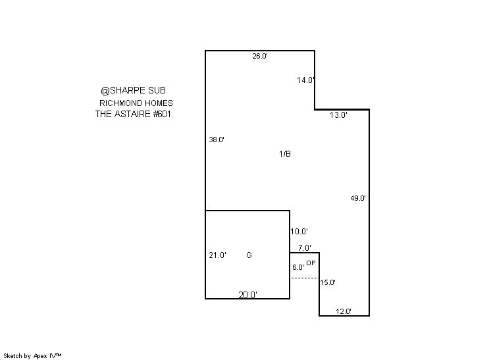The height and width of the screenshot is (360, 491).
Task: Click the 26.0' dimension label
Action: coord(260,56)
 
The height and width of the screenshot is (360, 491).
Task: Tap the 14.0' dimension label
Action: coord(305,80)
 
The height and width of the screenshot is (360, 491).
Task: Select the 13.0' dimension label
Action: coord(338,115)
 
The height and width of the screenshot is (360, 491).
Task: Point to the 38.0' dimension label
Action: coord(217,140)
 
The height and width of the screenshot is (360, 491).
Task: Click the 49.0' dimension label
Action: coord(358,198)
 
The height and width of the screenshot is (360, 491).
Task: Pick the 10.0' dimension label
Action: coord(299,232)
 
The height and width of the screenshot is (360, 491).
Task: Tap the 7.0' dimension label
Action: coord(305,248)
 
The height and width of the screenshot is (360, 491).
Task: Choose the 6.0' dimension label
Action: coord(298,267)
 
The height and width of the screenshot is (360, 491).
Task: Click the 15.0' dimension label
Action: coord(328,282)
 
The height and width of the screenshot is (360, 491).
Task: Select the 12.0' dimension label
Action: coord(344,311)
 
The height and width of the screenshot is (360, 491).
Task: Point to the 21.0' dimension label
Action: coord(218,255)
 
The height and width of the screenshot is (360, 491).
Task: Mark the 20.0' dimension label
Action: coord(248,295)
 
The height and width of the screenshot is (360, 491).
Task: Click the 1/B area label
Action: coord(285,154)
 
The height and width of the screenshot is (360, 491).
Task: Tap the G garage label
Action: coord(249,255)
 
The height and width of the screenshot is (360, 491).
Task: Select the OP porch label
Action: coord(311,263)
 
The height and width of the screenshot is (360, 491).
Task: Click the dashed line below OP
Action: coord(305,278)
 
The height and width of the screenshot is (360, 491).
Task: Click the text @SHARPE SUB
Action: coord(134,90)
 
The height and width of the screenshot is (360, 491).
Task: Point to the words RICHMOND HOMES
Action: coord(136,103)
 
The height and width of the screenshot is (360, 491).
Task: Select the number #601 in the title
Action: coord(162,114)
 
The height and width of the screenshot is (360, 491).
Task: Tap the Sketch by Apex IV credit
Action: coord(32,356)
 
